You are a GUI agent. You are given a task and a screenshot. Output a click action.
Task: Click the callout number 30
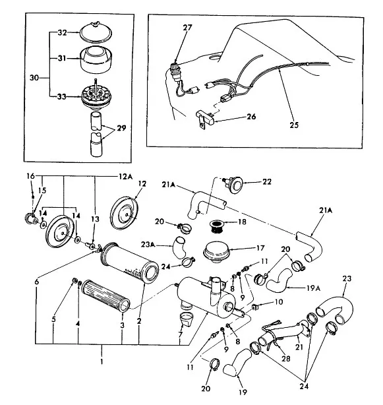34,77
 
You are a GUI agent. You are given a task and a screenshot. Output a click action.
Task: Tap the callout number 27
188,28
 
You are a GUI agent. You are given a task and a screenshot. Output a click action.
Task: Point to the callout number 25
294,125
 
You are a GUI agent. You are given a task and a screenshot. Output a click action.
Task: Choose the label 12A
126,177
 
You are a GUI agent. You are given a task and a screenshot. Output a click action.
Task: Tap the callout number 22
267,182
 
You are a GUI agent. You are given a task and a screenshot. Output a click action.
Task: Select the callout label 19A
314,288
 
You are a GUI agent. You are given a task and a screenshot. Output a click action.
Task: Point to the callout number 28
286,359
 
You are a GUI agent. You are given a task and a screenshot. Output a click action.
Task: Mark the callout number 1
102,361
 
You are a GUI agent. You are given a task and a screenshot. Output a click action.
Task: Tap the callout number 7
181,334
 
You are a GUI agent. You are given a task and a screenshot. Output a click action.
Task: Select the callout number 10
279,301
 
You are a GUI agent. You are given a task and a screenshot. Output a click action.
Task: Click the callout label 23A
148,244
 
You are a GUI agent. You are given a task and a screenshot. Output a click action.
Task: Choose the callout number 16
30,176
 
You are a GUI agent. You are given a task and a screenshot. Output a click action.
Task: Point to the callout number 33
62,96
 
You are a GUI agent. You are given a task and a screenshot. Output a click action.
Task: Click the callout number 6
37,282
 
